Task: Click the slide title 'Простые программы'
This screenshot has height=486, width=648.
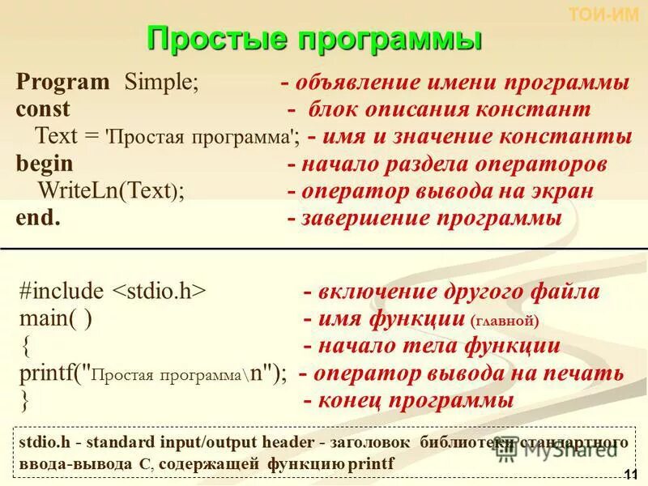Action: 314,39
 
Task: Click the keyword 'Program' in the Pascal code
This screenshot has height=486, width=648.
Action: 62,83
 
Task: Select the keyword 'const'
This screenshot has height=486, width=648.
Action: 43,109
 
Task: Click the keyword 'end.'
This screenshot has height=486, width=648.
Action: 38,218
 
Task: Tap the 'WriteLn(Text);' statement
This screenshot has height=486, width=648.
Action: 111,191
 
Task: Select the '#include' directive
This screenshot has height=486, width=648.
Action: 62,292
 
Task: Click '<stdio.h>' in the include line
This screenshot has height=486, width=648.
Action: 159,292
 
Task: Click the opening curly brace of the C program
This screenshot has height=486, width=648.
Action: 26,347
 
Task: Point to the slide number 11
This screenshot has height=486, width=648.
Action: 632,474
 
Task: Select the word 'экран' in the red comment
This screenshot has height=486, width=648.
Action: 563,191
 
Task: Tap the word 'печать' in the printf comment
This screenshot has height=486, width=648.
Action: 586,373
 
